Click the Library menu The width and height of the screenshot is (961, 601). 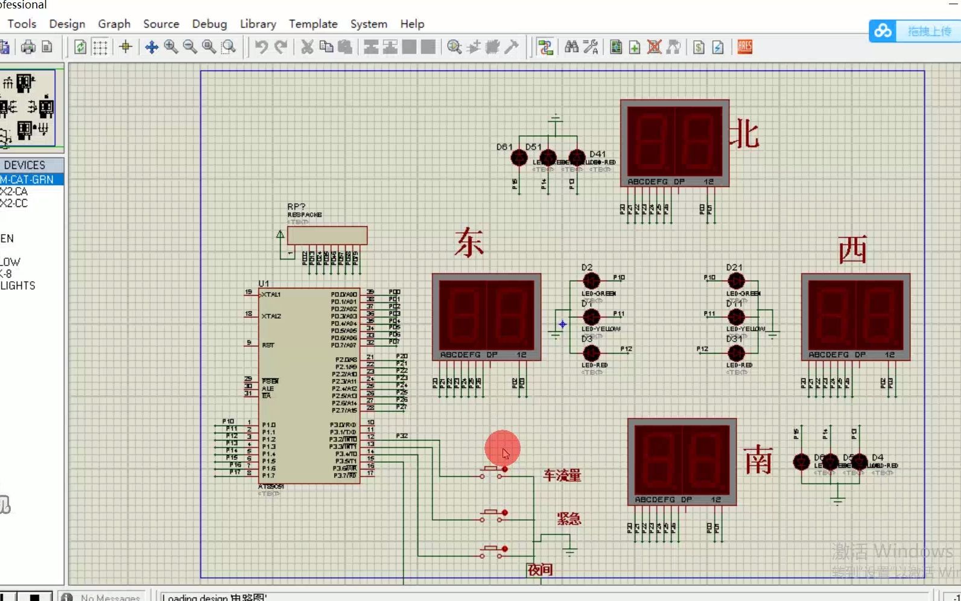point(258,24)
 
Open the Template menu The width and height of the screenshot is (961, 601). point(312,24)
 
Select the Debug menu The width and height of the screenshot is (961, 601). point(209,24)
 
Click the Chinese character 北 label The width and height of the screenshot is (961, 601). point(744,134)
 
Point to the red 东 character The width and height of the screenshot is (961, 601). point(469,243)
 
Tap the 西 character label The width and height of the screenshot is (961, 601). point(852,250)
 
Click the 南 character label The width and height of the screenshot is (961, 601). point(758,460)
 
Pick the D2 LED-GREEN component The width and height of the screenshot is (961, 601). point(591,281)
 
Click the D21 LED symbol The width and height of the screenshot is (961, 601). point(736,281)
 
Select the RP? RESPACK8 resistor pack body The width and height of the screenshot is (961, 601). point(327,235)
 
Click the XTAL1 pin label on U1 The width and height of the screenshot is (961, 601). point(271,294)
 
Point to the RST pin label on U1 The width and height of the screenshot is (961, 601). point(268,345)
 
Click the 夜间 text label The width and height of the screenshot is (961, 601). point(540,570)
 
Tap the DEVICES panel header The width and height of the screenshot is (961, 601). point(25,165)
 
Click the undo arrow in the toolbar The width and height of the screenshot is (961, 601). point(261,47)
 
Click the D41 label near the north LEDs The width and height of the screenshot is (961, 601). point(597,154)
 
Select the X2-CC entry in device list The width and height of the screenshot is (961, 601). point(14,203)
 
